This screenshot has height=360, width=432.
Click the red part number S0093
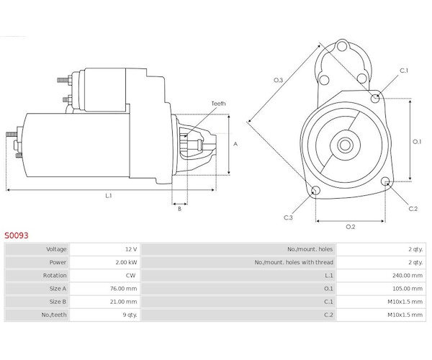coord(17,235)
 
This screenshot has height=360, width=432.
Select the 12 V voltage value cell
coord(131,249)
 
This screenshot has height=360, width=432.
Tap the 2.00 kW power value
coord(126,262)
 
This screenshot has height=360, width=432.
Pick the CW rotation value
coord(130,276)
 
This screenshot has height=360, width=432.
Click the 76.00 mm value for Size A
coord(123,289)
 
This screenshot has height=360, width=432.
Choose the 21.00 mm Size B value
coord(123,302)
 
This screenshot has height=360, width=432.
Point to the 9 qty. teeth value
coord(130,315)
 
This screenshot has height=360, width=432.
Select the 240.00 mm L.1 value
coord(408,276)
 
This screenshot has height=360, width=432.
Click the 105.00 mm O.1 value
coord(408,289)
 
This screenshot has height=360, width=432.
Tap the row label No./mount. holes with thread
coord(294,262)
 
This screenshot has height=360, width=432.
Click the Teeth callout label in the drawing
coord(218,104)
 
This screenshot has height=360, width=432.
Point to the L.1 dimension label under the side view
coord(109,196)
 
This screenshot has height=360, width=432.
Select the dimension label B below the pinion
coord(179,209)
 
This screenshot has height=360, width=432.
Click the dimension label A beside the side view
coord(235,144)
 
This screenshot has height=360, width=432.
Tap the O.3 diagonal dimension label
coord(278,80)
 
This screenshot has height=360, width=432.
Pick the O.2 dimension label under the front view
coord(351,227)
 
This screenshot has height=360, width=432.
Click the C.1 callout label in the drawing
coord(404,71)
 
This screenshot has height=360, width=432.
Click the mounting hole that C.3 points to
coord(315,190)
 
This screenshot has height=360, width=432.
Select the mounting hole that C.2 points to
coord(386,181)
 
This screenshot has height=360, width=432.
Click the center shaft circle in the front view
coord(345,145)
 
